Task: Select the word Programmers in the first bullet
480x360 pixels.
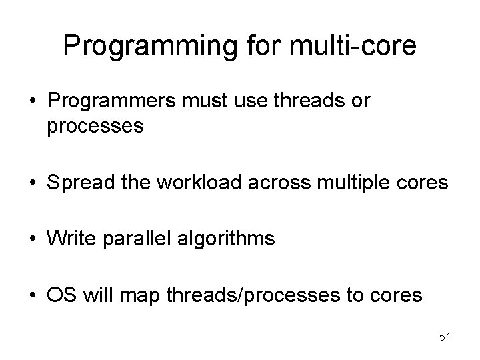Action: tap(110, 102)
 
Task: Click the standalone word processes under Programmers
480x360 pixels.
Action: tap(95, 126)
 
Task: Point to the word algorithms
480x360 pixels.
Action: tap(229, 238)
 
